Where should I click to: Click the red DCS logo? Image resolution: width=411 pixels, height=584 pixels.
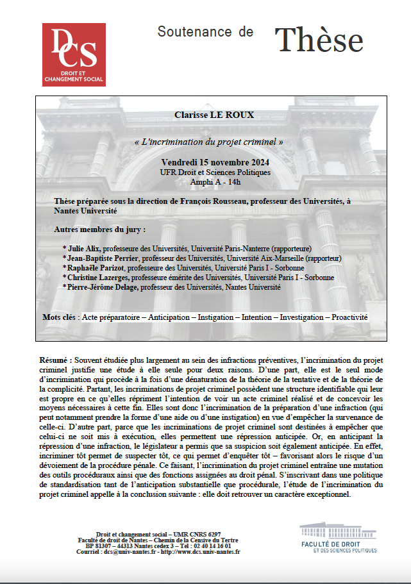[x=73, y=54]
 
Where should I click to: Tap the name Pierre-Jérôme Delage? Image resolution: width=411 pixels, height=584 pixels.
[x=103, y=287]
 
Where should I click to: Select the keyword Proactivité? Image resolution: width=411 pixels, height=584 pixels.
[x=349, y=317]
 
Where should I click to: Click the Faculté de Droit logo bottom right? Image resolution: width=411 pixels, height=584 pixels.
[x=338, y=537]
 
